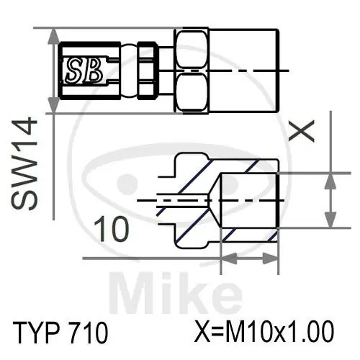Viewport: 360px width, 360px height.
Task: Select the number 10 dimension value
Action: pos(113,230)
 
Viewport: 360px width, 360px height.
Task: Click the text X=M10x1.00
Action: pos(265,333)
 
